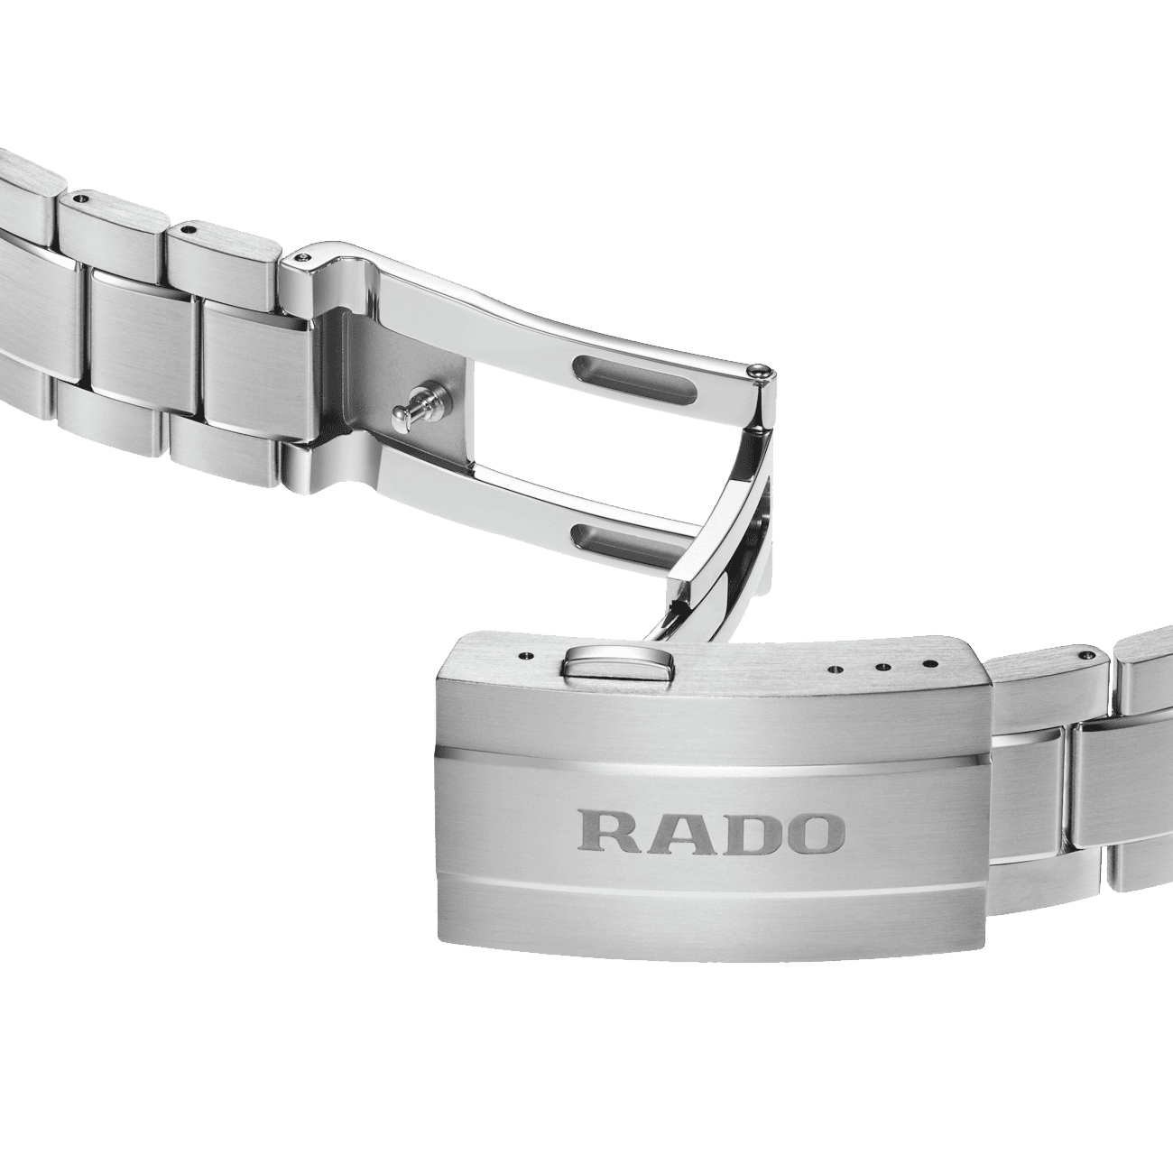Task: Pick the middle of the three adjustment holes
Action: pos(882,667)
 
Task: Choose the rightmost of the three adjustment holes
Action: pos(928,664)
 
